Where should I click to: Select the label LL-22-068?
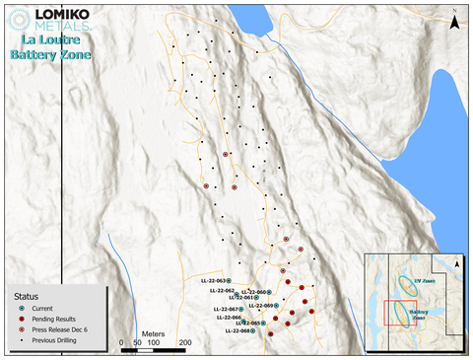[237, 331]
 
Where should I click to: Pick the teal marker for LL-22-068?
[253, 331]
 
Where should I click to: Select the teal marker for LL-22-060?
[269, 292]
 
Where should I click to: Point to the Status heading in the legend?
[27, 296]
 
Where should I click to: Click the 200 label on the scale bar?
[183, 343]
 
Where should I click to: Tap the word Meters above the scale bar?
[152, 334]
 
